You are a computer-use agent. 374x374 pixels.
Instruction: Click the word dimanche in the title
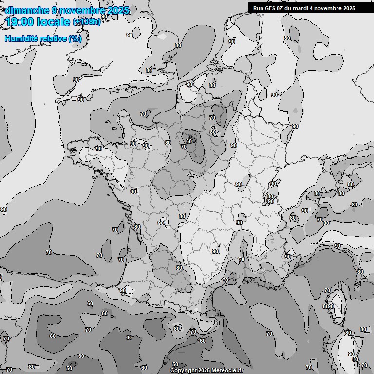[x=27, y=10]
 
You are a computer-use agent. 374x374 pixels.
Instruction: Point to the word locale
[x=54, y=22]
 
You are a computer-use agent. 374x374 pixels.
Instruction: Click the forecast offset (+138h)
[x=87, y=22]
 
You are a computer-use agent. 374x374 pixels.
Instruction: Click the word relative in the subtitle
[x=53, y=38]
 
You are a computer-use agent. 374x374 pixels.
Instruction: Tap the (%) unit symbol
[x=75, y=38]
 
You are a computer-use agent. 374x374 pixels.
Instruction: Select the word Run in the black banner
[x=259, y=8]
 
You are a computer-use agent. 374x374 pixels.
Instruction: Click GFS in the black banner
[x=271, y=8]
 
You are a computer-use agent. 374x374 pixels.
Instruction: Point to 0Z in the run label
[x=282, y=8]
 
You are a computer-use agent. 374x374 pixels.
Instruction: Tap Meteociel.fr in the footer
[x=227, y=371]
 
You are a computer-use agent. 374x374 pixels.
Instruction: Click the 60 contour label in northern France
[x=189, y=141]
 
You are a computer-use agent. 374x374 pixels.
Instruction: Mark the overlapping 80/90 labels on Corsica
[x=328, y=306]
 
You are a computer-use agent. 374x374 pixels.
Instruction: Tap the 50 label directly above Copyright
[x=175, y=364]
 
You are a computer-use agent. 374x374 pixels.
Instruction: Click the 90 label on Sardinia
[x=351, y=354]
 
